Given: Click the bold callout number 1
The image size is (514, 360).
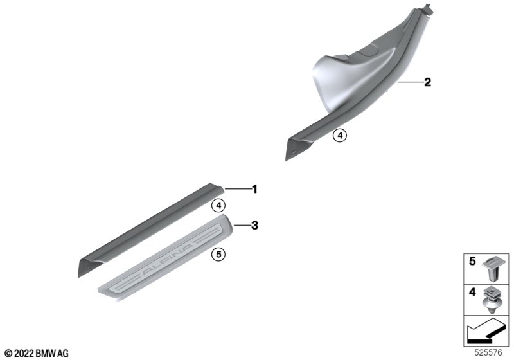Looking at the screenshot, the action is click(254, 189).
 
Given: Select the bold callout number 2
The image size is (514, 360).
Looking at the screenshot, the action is click(427, 82).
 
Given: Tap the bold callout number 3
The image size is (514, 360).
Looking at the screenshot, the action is click(254, 226).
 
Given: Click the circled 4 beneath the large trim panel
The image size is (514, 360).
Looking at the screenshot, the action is click(340, 135).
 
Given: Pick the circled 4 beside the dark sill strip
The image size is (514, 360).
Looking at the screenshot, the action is click(218, 206).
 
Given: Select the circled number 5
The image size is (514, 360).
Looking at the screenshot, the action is click(218, 254).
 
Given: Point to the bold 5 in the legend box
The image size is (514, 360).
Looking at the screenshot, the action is click(472, 261).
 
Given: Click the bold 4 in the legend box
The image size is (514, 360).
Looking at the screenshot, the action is click(472, 292).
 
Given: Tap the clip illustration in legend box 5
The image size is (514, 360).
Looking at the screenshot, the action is click(492, 269).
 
